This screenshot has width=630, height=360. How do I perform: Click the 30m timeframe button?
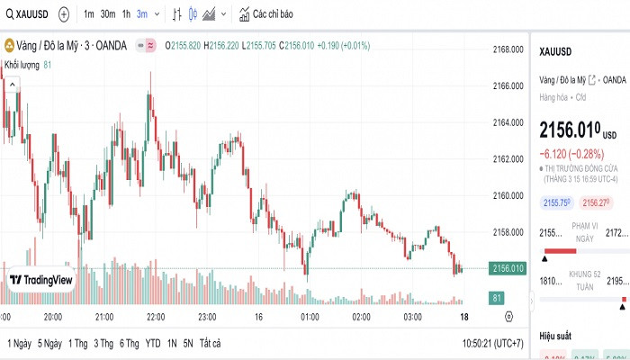point(107,14)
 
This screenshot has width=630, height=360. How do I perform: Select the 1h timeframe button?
point(126,14)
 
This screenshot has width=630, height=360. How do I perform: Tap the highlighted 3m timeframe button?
point(141,14)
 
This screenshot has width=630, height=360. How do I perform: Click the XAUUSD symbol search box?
point(27,14)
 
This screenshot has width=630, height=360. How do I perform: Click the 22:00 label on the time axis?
point(156,317)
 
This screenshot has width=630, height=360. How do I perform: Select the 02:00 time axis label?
point(361,317)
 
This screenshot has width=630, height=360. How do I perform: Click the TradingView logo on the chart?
point(40,280)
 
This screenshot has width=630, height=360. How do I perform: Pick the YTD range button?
point(153,343)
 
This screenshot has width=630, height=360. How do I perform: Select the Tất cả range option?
point(210,343)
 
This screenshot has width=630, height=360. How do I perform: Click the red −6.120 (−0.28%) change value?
point(571,153)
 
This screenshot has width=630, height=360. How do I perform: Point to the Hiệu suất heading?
point(556,335)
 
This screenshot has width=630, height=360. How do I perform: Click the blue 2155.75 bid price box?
point(554,203)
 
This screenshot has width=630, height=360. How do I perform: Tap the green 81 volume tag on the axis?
point(497,297)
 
